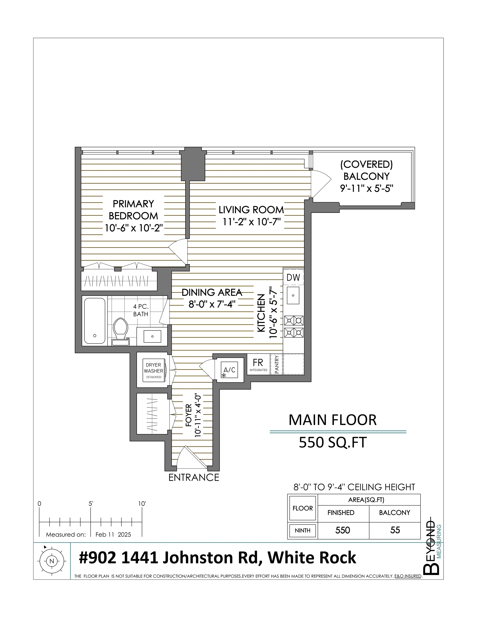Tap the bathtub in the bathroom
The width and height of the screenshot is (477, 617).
[95, 321]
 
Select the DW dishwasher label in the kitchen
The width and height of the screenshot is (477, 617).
[293, 277]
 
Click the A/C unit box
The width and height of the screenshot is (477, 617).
[229, 370]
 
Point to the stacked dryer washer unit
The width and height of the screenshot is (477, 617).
[154, 371]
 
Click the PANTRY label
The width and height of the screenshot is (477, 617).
[277, 364]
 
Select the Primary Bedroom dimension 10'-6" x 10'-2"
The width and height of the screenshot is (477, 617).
[134, 228]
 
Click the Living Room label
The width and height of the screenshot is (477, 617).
[251, 210]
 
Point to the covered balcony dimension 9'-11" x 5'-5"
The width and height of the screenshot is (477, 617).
[367, 188]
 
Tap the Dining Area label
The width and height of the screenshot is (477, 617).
[212, 292]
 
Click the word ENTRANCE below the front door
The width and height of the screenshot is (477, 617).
[194, 477]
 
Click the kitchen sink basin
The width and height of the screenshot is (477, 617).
[293, 295]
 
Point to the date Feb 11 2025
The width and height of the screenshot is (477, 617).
[113, 535]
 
